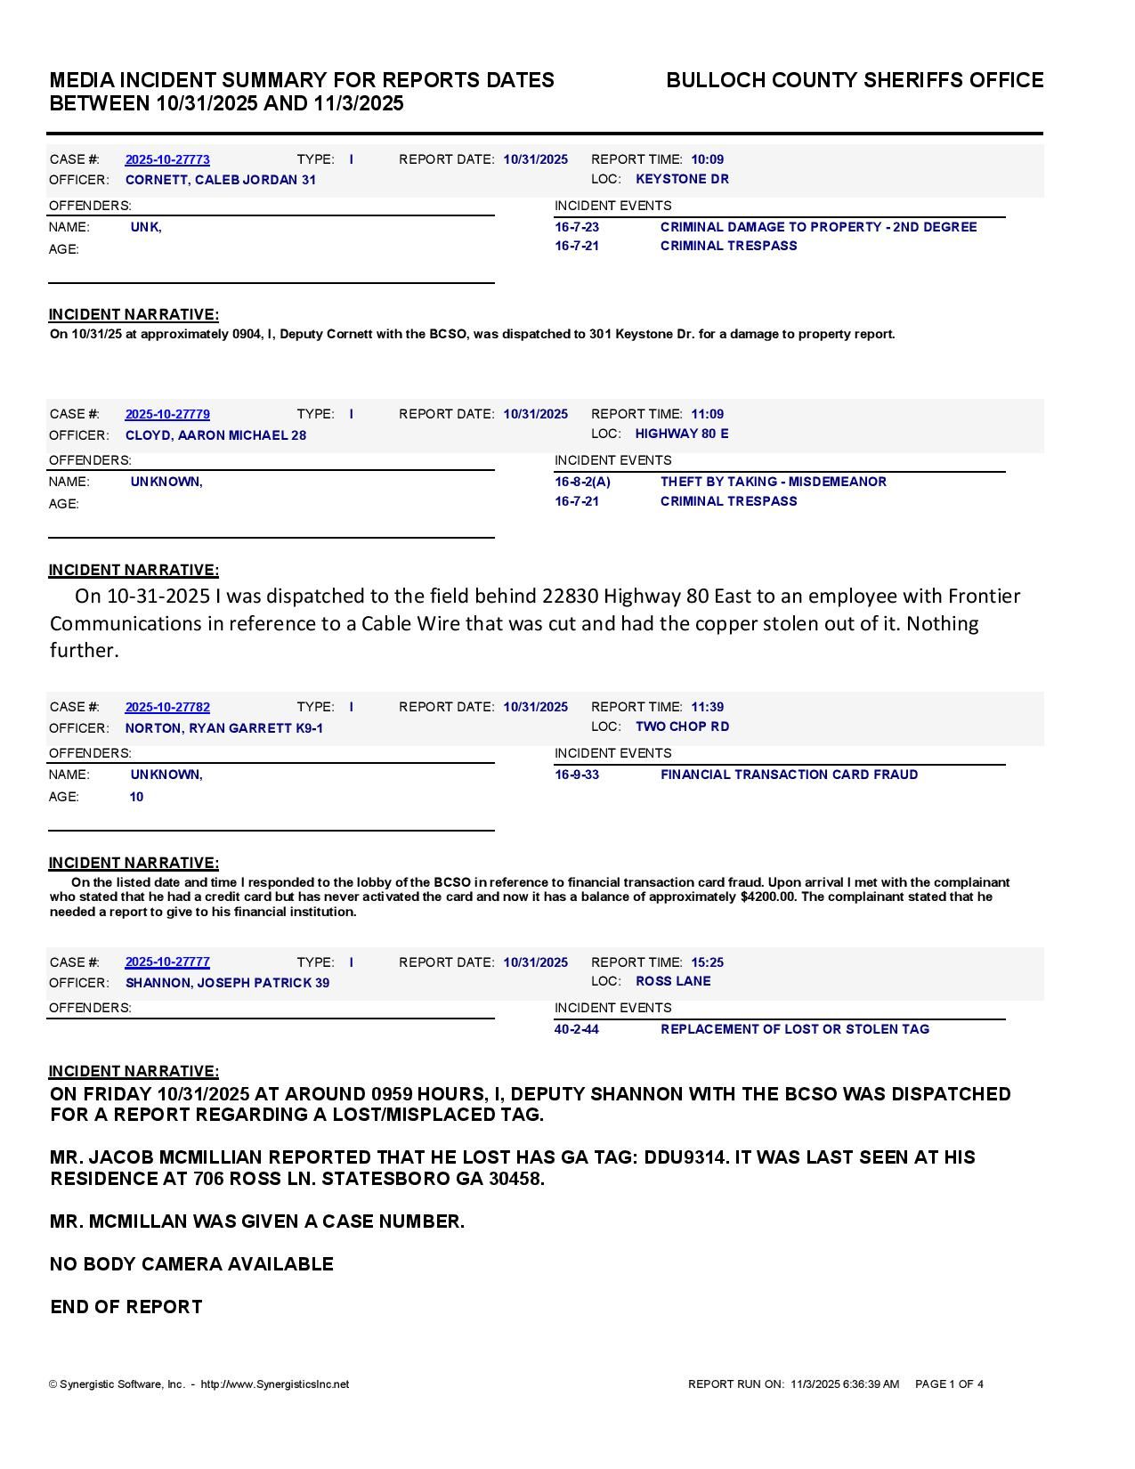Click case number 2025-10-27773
167,159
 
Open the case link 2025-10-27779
167,414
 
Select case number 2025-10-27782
167,707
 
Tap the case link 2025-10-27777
167,962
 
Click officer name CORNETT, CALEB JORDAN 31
220,180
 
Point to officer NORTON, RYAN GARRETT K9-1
223,728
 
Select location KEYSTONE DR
682,179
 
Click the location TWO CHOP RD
682,726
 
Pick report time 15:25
707,962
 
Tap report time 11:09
707,414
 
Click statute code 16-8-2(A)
582,482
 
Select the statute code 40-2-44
576,1029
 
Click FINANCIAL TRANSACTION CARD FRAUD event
789,775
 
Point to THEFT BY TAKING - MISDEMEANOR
773,482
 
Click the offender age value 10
136,797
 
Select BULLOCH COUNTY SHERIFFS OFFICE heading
854,80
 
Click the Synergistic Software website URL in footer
274,1384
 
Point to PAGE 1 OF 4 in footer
949,1384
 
